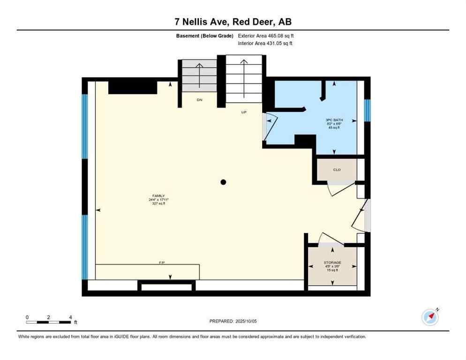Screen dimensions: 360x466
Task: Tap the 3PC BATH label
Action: point(334,120)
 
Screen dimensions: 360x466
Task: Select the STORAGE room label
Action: point(332,262)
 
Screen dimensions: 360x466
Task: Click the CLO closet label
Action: point(337,170)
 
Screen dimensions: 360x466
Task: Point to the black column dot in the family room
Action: point(224,182)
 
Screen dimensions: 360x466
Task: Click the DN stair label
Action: point(199,100)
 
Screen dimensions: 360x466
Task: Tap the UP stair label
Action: point(244,112)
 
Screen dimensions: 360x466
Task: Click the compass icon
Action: point(430,317)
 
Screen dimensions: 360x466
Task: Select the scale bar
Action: point(49,322)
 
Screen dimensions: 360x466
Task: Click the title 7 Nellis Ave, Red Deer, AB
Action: point(233,22)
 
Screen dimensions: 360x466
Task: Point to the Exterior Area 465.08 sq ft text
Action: point(266,36)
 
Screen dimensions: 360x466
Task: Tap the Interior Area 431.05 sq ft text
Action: point(266,44)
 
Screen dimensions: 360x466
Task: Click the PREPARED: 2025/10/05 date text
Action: point(233,321)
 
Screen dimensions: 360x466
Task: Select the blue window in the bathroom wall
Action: point(368,110)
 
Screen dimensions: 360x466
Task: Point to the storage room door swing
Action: point(331,239)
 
